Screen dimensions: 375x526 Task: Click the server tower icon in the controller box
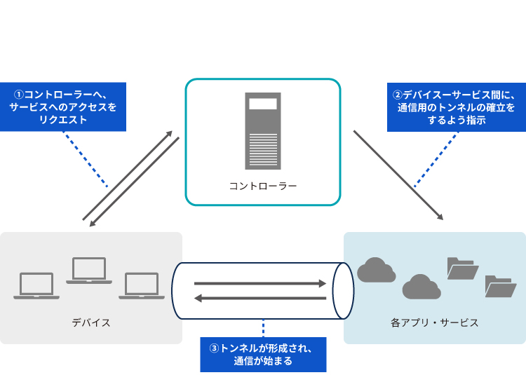(x=262, y=130)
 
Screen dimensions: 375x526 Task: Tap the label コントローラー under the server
(x=262, y=186)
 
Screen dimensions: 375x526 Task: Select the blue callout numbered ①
(x=63, y=107)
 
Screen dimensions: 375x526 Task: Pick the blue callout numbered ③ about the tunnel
(x=263, y=355)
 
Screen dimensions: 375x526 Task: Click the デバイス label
(x=90, y=322)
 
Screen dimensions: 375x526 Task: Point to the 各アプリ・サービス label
(x=434, y=322)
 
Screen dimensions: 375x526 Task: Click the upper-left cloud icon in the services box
(x=377, y=270)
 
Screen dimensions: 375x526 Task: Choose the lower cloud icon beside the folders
(x=421, y=286)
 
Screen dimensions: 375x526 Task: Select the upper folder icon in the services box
(x=462, y=268)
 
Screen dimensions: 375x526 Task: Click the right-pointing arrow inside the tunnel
(x=260, y=284)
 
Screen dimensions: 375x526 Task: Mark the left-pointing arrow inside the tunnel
(x=260, y=298)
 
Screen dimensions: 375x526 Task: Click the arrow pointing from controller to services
(x=398, y=175)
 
